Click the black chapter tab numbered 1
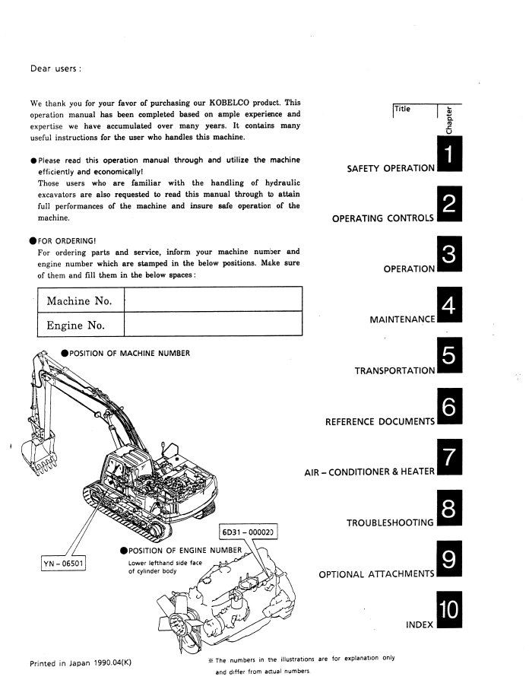[x=449, y=154]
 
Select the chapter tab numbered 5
[x=449, y=355]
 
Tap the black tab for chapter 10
[x=449, y=609]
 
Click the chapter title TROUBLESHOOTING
[x=390, y=523]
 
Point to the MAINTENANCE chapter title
[x=402, y=319]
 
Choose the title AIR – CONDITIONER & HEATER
[x=369, y=472]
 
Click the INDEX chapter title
[x=420, y=624]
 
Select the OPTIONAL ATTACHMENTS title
[x=377, y=574]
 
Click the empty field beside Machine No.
[x=214, y=299]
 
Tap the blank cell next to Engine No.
[x=214, y=324]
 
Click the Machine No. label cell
[x=81, y=299]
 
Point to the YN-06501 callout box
[x=63, y=564]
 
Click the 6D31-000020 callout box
[x=248, y=532]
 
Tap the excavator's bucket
[x=40, y=455]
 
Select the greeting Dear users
[x=55, y=68]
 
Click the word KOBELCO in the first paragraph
[x=230, y=103]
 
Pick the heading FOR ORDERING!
[x=67, y=241]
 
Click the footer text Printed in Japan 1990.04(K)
[x=81, y=663]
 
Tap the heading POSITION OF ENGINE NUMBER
[x=185, y=551]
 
